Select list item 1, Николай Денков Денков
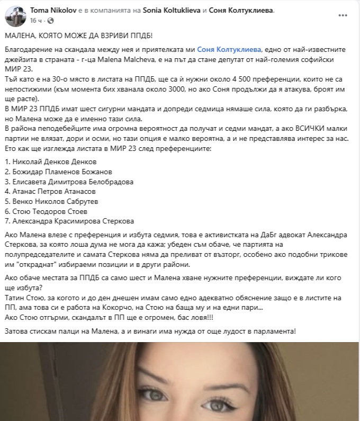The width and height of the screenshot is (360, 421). pyautogui.click(x=51, y=161)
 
